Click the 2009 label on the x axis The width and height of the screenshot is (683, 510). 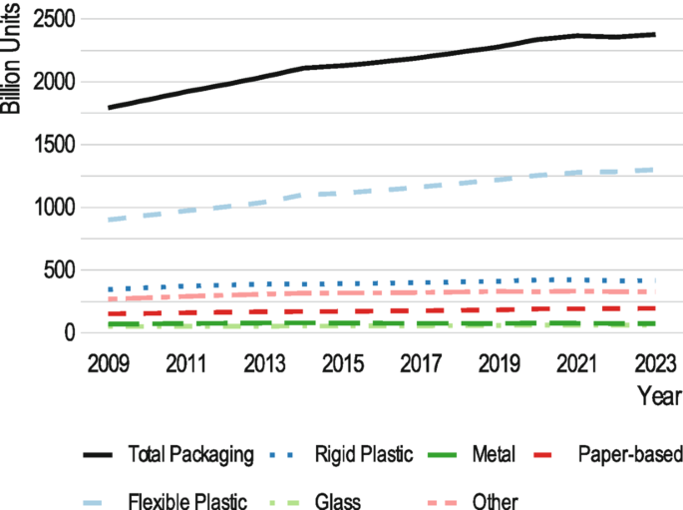(109, 360)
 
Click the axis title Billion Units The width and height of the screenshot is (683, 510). (11, 59)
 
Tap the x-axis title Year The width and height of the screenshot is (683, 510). (658, 395)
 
